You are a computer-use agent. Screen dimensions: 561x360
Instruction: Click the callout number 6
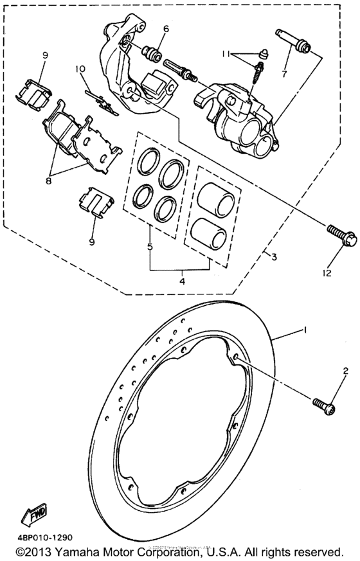tap(165, 29)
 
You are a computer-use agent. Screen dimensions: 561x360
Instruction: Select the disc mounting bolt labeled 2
tap(324, 403)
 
